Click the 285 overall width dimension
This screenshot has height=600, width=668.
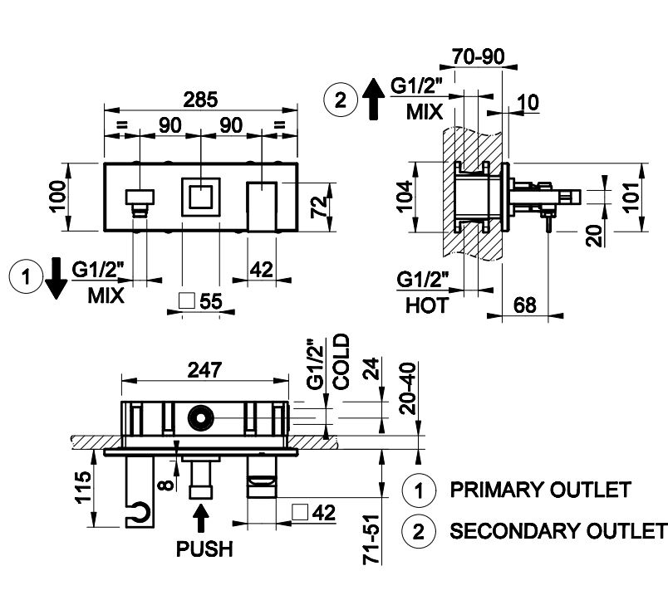pos(200,99)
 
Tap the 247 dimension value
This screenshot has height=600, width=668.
pos(204,372)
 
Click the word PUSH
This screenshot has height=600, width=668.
pos(204,549)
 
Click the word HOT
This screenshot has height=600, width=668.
pos(427,305)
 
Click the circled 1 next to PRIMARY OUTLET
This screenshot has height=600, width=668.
pos(420,490)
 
